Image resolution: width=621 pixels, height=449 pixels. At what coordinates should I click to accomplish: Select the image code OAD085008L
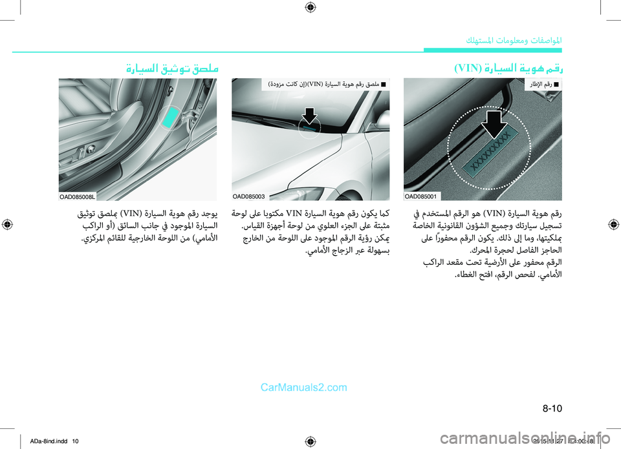(x=78, y=196)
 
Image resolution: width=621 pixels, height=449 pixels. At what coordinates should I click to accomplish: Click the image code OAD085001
(x=421, y=196)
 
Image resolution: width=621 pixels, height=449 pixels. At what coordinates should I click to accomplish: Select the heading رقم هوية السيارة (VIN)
(x=508, y=67)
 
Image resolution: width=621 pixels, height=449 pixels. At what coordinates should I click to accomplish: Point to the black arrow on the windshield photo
(x=310, y=114)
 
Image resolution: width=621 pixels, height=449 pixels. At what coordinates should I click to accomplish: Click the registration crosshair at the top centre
(x=310, y=8)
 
